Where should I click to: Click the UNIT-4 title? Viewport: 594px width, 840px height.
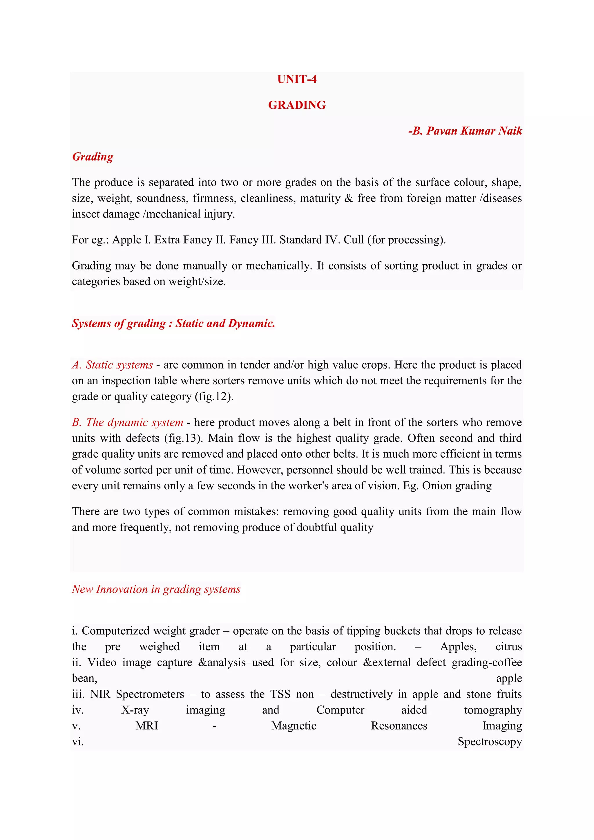(297, 79)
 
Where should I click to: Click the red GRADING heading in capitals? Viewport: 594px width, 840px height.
(297, 105)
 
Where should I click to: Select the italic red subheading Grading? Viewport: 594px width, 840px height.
(93, 157)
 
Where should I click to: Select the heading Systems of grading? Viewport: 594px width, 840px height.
(119, 323)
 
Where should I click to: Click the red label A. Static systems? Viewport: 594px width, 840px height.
(112, 365)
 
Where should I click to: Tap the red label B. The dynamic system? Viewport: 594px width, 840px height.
(127, 422)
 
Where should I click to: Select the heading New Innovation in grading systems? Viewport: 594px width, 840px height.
(156, 589)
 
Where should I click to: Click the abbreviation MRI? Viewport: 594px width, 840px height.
(147, 726)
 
